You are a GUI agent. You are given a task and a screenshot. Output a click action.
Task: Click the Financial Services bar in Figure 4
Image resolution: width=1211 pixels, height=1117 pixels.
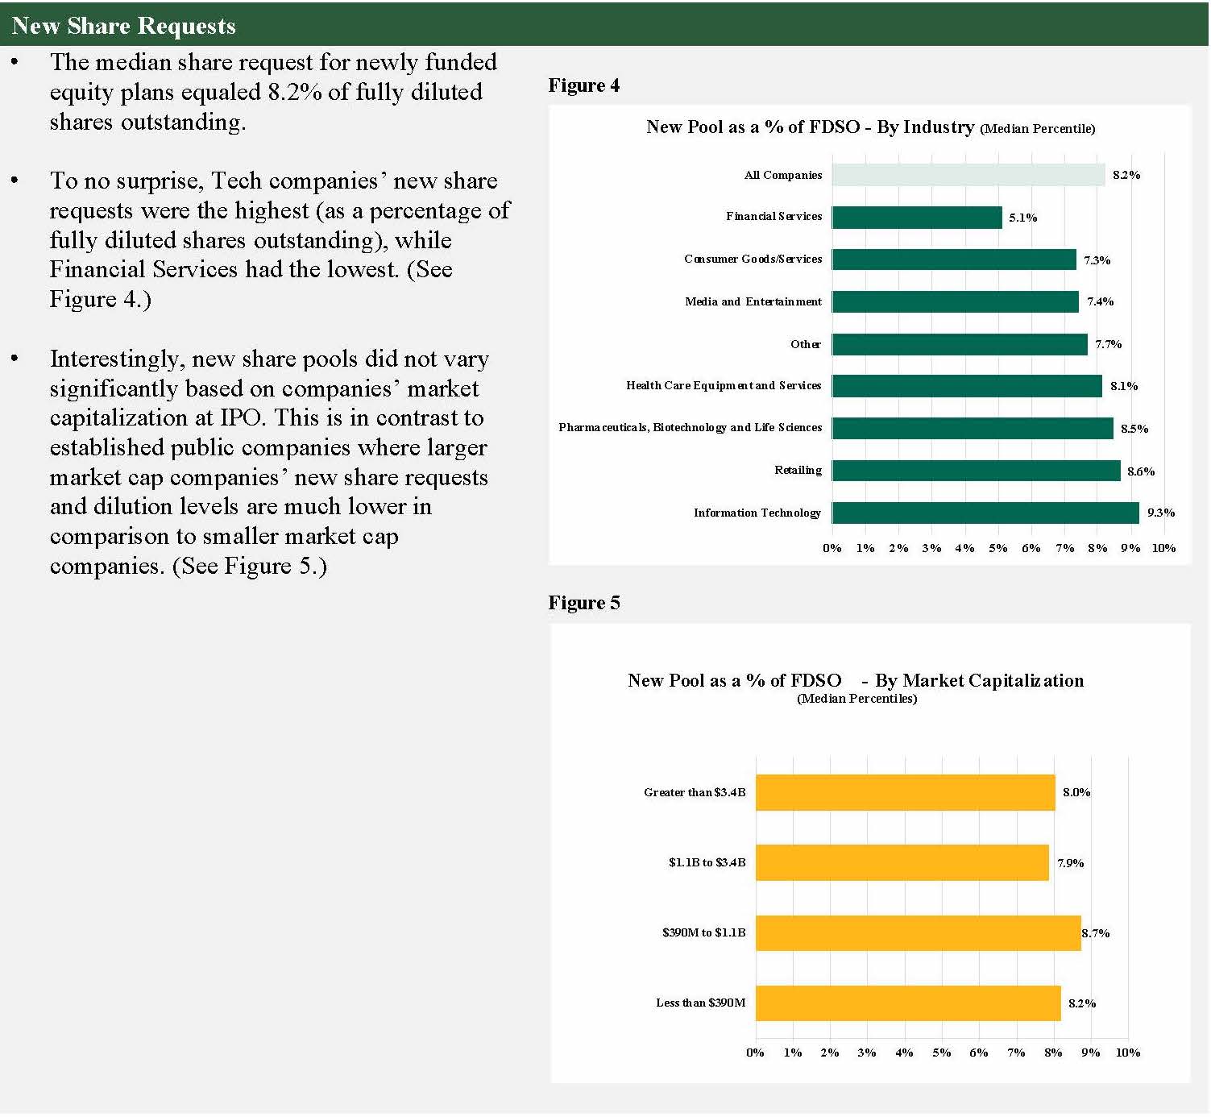pyautogui.click(x=917, y=218)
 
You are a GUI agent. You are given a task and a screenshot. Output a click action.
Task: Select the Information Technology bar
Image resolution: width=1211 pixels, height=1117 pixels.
pyautogui.click(x=985, y=513)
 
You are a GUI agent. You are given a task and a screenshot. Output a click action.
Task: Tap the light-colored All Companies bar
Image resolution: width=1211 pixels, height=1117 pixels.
pyautogui.click(x=968, y=175)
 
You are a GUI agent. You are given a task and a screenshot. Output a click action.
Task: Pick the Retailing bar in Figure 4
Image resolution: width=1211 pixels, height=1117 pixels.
pyautogui.click(x=976, y=471)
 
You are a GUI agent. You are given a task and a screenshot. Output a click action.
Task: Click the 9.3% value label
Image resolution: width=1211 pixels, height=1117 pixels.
pyautogui.click(x=1160, y=513)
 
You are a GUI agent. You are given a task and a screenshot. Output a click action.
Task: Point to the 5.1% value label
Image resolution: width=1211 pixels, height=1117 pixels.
pyautogui.click(x=1022, y=218)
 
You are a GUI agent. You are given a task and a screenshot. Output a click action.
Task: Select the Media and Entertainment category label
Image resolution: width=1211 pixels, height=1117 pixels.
pyautogui.click(x=753, y=301)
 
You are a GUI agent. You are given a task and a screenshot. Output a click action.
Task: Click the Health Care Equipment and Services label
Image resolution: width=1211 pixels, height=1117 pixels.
pyautogui.click(x=723, y=385)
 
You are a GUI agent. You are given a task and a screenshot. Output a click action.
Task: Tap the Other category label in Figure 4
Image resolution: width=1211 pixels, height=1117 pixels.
pyautogui.click(x=805, y=344)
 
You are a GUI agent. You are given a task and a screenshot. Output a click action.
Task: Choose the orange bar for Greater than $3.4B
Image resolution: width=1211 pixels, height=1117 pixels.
pyautogui.click(x=905, y=793)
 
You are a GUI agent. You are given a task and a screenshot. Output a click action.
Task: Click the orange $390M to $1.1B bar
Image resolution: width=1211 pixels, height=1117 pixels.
pyautogui.click(x=918, y=933)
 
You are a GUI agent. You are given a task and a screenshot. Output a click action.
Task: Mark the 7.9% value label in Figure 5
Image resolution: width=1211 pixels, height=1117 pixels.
pyautogui.click(x=1070, y=863)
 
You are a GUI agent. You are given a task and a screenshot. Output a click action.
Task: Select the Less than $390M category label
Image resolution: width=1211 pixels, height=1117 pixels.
pyautogui.click(x=700, y=1003)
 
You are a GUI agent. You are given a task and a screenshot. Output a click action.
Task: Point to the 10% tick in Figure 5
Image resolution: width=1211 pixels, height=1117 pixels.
pyautogui.click(x=1127, y=1053)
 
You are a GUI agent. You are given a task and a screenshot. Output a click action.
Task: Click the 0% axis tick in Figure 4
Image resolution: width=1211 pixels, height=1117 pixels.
pyautogui.click(x=832, y=548)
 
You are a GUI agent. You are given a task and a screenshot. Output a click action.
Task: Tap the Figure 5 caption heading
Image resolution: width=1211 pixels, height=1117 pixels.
pyautogui.click(x=584, y=603)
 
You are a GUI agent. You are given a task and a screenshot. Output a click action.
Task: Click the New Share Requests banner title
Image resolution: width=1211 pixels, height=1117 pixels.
pyautogui.click(x=123, y=26)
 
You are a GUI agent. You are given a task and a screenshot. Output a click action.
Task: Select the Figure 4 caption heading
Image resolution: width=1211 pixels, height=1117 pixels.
pyautogui.click(x=584, y=85)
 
